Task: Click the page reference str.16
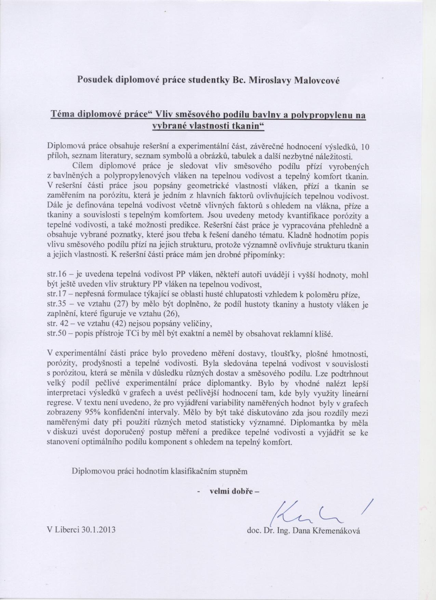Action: [x=55, y=275]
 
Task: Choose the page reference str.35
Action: [x=55, y=304]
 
